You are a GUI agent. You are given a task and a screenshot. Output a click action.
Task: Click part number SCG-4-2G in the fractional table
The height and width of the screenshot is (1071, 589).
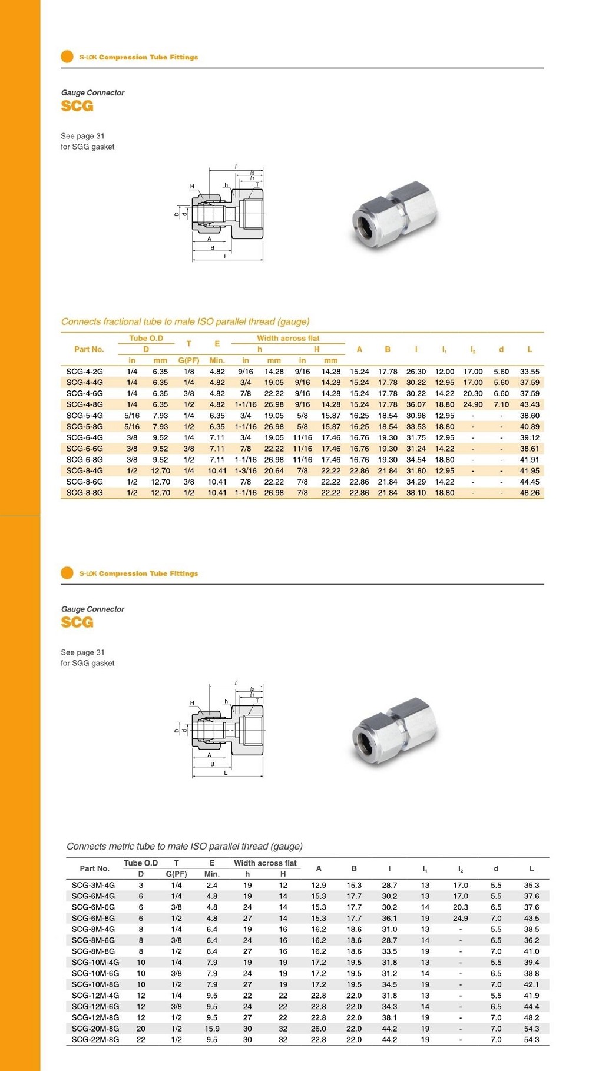84,372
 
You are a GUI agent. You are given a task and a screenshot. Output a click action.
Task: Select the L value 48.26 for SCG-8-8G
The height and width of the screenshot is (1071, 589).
530,493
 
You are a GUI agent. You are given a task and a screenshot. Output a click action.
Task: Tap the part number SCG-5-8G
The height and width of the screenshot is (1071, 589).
84,427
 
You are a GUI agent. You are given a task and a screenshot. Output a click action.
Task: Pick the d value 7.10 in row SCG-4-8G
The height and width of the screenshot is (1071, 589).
501,404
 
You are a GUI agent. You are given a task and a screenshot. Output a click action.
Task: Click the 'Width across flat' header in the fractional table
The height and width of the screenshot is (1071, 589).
288,339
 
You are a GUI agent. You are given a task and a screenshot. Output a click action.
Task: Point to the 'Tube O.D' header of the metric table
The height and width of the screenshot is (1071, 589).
141,863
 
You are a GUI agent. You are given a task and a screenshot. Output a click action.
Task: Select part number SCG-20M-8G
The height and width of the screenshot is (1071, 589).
95,1029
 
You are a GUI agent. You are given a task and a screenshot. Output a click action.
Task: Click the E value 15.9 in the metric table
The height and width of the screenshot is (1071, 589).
212,1029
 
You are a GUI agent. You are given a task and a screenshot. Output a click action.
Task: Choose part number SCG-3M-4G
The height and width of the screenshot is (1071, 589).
93,885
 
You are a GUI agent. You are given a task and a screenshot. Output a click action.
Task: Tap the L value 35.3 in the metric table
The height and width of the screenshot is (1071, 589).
531,885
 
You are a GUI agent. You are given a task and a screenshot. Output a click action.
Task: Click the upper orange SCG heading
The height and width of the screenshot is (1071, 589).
77,106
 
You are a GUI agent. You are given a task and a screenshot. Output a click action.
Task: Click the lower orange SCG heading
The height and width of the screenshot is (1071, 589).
77,622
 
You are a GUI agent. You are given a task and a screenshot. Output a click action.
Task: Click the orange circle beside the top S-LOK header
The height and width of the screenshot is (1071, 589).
67,57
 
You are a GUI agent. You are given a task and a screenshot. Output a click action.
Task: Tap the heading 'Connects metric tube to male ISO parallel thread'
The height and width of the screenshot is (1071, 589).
184,846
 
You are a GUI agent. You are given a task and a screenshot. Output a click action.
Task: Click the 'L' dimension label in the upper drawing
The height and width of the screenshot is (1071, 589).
226,257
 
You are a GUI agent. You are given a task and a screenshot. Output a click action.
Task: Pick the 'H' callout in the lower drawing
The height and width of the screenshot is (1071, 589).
192,702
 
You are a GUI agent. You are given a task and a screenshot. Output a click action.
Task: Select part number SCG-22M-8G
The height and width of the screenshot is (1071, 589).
95,1040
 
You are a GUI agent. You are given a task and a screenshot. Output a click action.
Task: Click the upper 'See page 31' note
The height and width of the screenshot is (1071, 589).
82,136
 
